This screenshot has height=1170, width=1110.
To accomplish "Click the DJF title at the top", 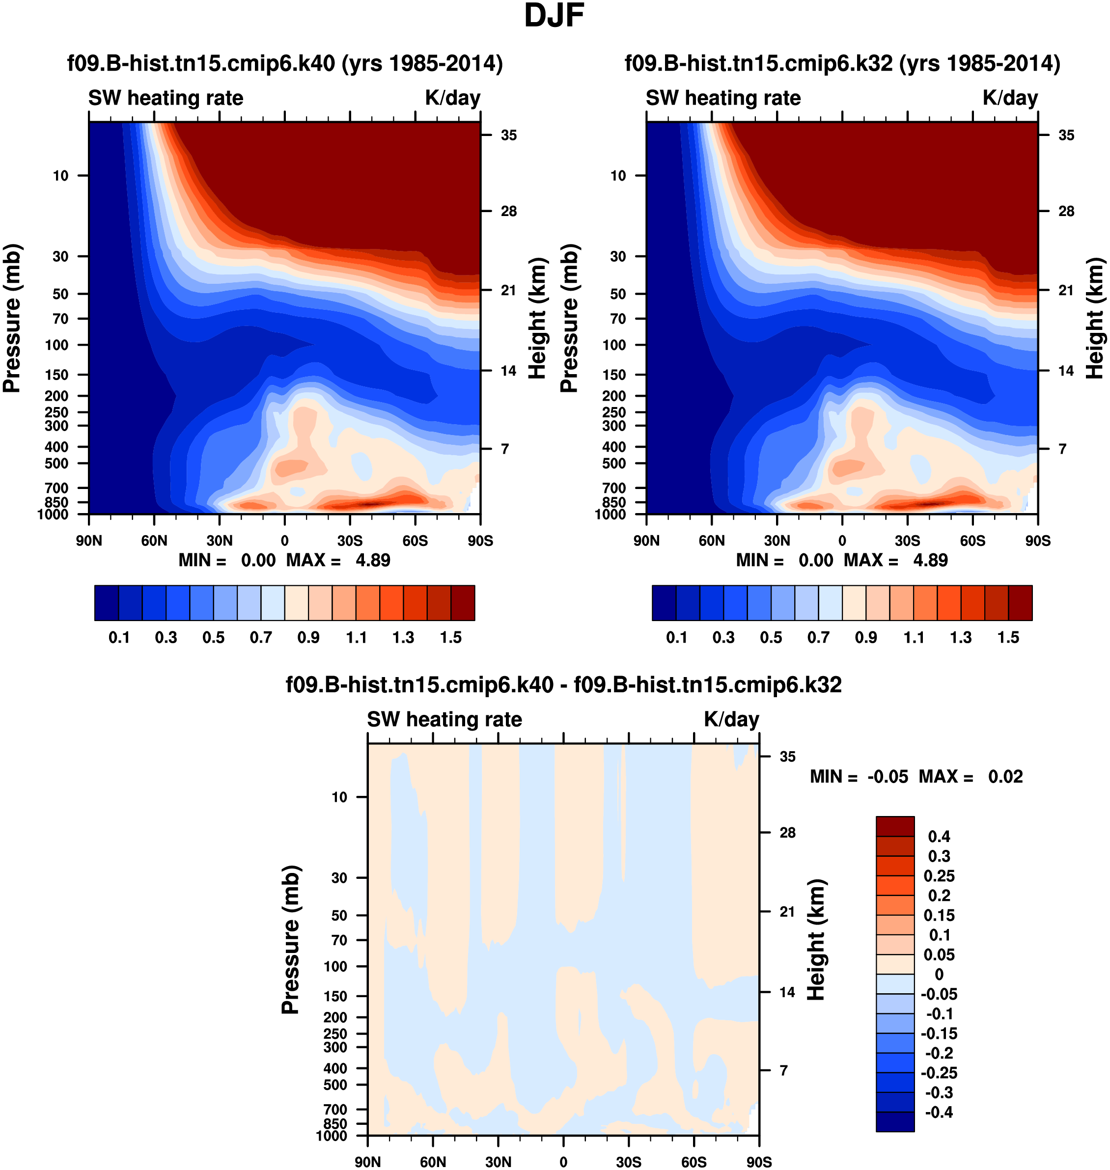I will pyautogui.click(x=554, y=16).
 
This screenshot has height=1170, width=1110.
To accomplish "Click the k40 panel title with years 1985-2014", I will pyautogui.click(x=284, y=63).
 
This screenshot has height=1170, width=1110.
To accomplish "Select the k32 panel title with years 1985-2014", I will pyautogui.click(x=842, y=63).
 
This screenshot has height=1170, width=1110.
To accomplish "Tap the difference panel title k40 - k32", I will pyautogui.click(x=563, y=684).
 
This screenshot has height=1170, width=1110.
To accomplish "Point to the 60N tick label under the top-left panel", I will pyautogui.click(x=154, y=541).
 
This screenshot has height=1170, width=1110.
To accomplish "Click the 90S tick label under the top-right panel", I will pyautogui.click(x=1038, y=541).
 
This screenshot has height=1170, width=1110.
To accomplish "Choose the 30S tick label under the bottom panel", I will pyautogui.click(x=628, y=1162).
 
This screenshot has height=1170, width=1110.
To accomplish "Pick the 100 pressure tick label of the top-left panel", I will pyautogui.click(x=57, y=345).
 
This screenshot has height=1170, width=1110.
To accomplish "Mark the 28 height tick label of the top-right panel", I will pyautogui.click(x=1066, y=211).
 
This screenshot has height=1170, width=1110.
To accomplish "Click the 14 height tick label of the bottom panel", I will pyautogui.click(x=787, y=992).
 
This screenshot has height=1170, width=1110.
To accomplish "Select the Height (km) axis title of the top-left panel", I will pyautogui.click(x=537, y=318).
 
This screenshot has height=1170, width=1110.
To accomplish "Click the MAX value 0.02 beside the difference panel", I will pyautogui.click(x=1005, y=777).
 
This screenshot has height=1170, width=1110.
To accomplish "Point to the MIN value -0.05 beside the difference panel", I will pyautogui.click(x=888, y=777).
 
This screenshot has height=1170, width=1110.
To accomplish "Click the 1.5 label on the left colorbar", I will pyautogui.click(x=451, y=638).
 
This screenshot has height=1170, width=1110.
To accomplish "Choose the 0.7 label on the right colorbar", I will pyautogui.click(x=818, y=638).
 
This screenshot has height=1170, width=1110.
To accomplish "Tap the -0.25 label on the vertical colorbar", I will pyautogui.click(x=939, y=1072).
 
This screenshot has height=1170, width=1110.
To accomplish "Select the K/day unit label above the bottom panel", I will pyautogui.click(x=731, y=719).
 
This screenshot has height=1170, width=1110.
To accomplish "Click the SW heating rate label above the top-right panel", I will pyautogui.click(x=723, y=98).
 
